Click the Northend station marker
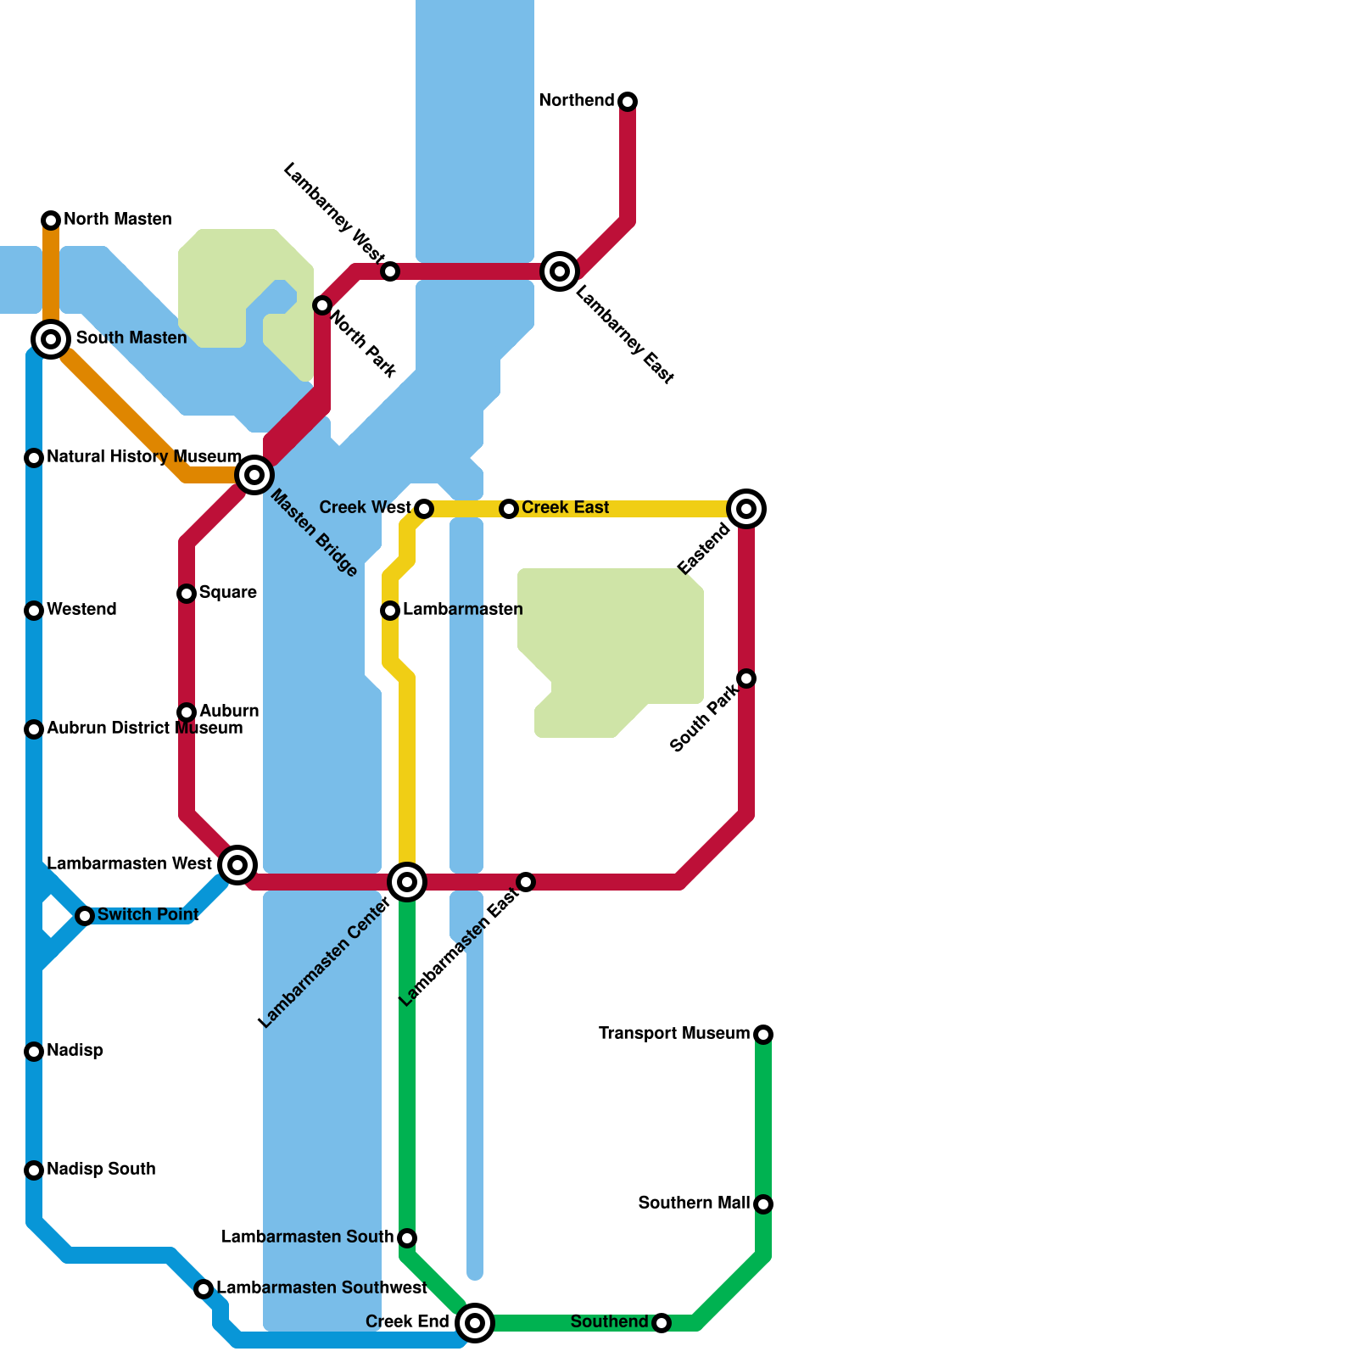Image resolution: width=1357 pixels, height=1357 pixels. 628,102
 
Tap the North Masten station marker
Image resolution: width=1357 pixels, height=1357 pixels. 51,221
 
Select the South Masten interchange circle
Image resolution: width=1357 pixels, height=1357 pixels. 51,339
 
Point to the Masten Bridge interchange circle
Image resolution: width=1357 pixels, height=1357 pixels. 254,475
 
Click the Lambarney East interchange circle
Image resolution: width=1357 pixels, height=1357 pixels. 560,271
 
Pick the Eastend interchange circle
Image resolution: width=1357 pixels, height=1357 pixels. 746,509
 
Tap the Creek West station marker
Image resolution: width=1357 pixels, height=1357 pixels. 424,509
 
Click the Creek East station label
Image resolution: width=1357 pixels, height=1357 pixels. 565,507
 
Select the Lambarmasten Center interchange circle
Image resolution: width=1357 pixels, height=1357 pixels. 407,882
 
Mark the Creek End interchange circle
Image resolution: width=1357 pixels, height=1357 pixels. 475,1323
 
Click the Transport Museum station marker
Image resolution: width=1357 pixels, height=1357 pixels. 763,1035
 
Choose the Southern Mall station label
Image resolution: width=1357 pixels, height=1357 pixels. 694,1203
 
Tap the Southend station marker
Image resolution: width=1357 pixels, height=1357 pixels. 662,1323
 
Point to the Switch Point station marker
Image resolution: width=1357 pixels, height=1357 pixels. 85,916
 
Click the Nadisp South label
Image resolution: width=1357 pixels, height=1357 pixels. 101,1169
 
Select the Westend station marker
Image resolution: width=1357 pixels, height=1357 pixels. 34,611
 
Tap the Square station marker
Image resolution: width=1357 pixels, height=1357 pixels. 187,594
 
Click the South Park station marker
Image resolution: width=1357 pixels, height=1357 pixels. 746,678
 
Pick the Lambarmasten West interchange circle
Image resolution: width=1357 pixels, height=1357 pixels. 237,865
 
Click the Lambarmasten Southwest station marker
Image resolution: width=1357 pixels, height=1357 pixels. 204,1289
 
